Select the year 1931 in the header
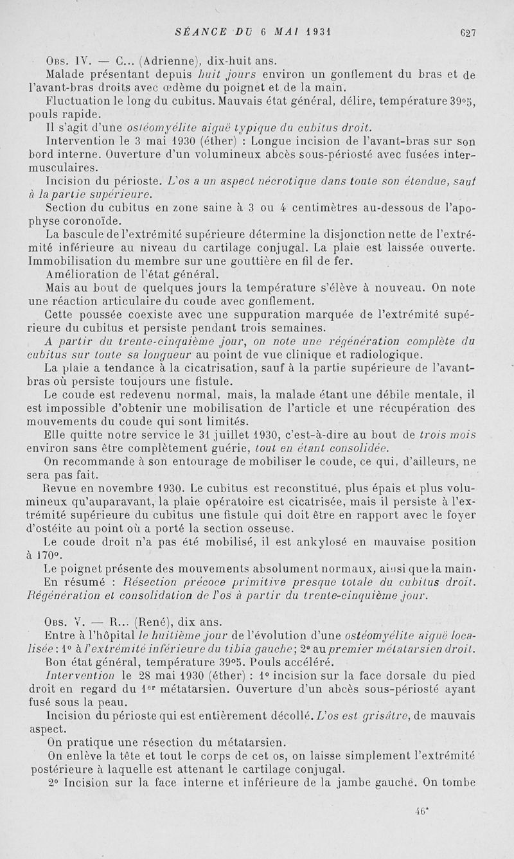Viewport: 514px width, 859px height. click(x=319, y=31)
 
